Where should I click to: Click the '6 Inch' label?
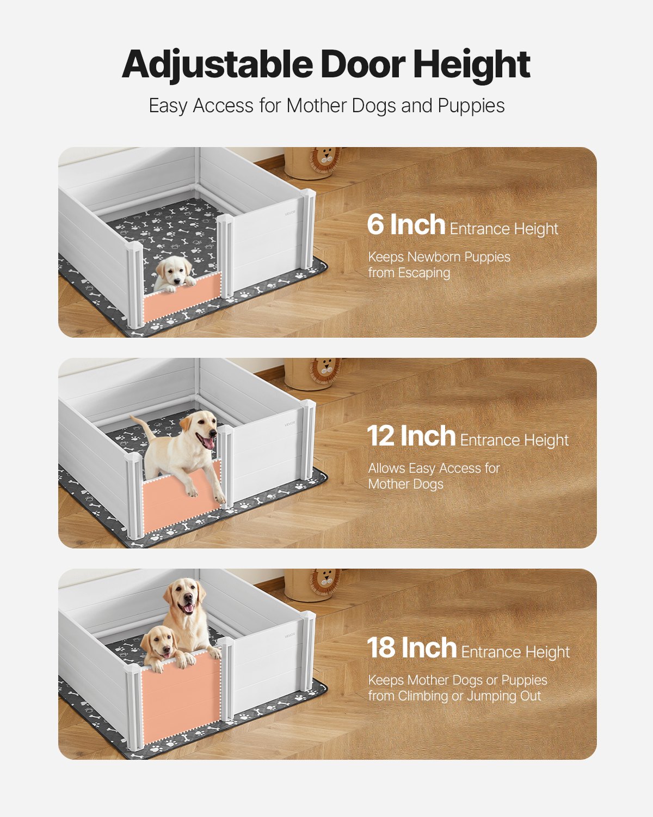point(406,225)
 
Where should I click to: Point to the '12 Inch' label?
point(411,436)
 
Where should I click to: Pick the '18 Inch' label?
point(411,648)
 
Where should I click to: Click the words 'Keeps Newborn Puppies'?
point(439,257)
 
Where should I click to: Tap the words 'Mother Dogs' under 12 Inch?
point(405,484)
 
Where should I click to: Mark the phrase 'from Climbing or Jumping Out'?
point(454,696)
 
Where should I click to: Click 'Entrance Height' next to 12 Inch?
point(514,440)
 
